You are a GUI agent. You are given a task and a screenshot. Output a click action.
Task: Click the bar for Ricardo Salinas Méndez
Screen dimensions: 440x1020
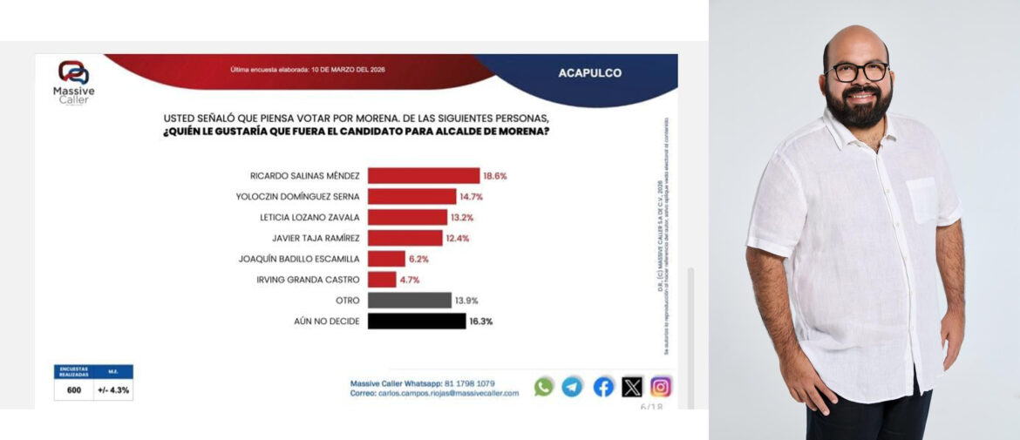tap(424, 175)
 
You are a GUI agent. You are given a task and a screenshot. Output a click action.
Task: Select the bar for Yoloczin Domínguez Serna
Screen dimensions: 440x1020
tap(412, 196)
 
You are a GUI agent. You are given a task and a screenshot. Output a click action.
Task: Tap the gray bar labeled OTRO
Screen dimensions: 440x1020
tap(409, 300)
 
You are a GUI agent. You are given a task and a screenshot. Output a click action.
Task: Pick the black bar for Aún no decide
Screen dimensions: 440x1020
tap(417, 321)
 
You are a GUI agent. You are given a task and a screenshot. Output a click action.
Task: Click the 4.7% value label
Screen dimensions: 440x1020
tap(411, 280)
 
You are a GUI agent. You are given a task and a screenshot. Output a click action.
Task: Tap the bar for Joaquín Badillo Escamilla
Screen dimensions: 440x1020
tap(387, 259)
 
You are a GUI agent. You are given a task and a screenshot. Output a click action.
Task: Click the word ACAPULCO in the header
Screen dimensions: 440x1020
tap(590, 73)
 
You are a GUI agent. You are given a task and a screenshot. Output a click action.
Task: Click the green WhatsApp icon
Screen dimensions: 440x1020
tap(544, 387)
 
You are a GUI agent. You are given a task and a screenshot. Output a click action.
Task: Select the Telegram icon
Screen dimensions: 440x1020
tap(572, 387)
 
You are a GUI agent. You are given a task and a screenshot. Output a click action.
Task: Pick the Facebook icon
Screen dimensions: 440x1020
tap(603, 387)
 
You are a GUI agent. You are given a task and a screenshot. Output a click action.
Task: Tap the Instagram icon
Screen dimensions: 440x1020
tap(662, 387)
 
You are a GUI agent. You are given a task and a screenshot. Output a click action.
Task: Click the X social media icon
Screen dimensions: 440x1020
tap(632, 387)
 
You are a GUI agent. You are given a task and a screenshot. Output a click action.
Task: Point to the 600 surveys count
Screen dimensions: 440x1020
tap(74, 390)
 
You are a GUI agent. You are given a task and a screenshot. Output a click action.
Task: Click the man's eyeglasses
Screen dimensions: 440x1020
tap(856, 71)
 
